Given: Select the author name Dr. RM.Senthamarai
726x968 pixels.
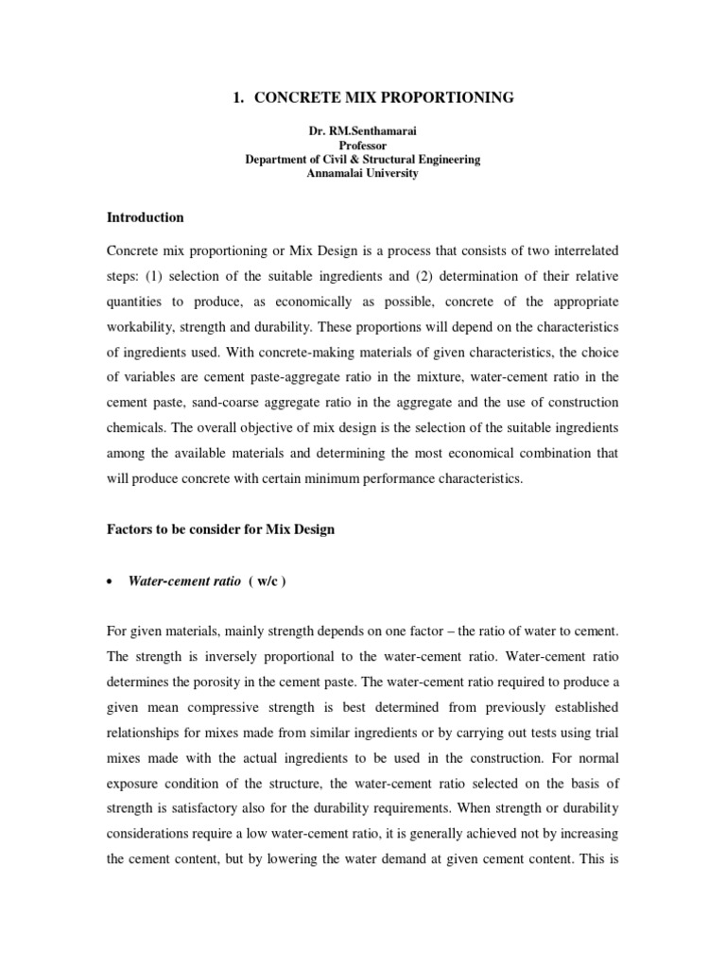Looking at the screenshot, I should (x=364, y=132).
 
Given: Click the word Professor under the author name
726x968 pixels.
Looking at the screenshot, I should (x=364, y=147).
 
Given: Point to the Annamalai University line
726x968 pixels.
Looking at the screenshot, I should (x=364, y=174).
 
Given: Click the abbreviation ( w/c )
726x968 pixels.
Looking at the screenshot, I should (x=268, y=581).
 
